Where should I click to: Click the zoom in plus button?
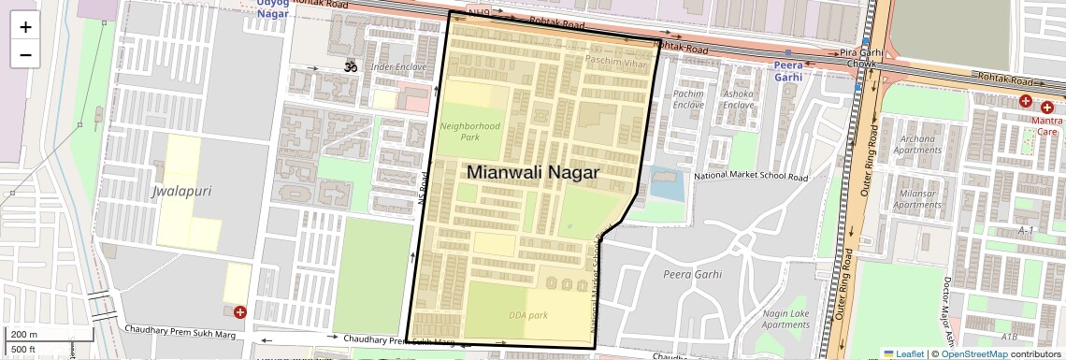25,27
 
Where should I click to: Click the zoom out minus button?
25,55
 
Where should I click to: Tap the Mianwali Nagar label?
532,172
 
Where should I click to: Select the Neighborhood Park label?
470,131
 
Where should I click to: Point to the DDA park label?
528,315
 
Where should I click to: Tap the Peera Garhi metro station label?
788,71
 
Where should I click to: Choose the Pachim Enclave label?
688,99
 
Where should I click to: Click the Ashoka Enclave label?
738,99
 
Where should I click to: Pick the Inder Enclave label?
399,67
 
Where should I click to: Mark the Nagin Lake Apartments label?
785,319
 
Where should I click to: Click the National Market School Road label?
750,176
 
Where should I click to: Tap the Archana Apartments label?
918,144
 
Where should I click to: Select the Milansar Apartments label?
917,199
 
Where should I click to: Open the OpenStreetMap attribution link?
974,353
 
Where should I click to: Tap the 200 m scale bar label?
24,335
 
